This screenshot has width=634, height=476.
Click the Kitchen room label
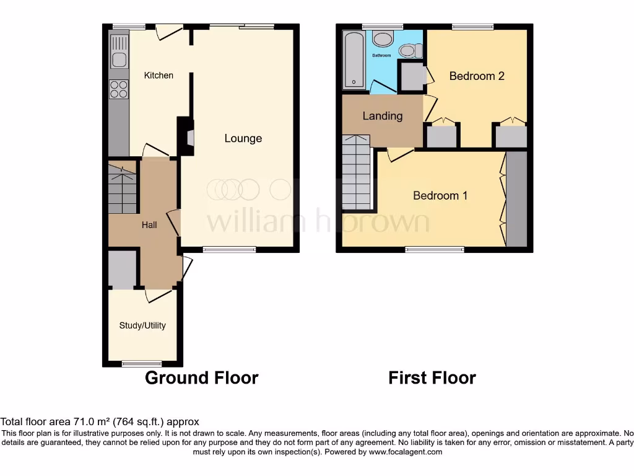tap(158, 76)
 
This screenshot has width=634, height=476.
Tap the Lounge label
tap(243, 138)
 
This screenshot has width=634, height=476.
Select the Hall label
tap(149, 225)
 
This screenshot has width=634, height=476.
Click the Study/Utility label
tap(142, 325)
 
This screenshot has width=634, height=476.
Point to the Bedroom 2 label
tap(477, 76)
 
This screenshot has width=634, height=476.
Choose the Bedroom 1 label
tap(440, 196)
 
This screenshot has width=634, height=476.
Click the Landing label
tap(382, 116)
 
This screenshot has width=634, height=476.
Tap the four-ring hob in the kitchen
tap(119, 90)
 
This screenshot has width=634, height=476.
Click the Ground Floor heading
tap(201, 377)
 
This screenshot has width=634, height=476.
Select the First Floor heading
tap(432, 377)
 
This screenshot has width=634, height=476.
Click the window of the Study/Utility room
tap(142, 364)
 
